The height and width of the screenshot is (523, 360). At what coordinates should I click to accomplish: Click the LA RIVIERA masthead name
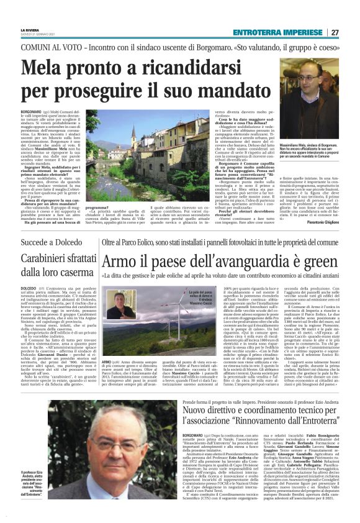point(29,29)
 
